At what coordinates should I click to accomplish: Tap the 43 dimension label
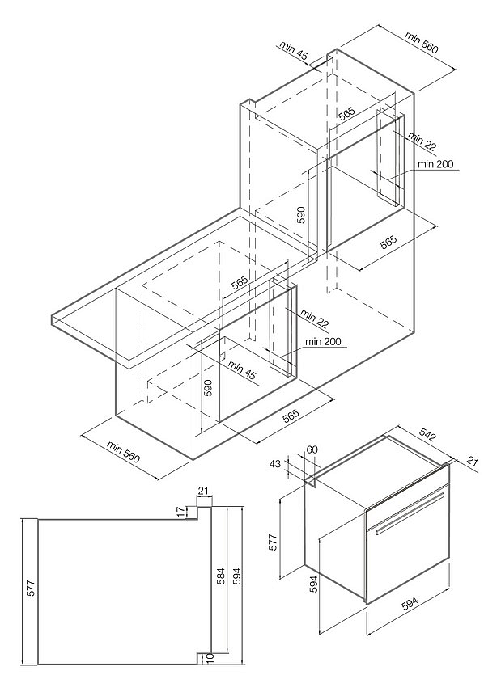coord(275,464)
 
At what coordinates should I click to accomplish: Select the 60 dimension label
coord(313,449)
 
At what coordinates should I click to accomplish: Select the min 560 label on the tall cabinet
coord(422,43)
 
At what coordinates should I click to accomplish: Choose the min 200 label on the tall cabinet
coord(436,164)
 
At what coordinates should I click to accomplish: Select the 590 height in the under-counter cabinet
coord(207,387)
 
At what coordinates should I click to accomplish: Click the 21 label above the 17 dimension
coord(203,490)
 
